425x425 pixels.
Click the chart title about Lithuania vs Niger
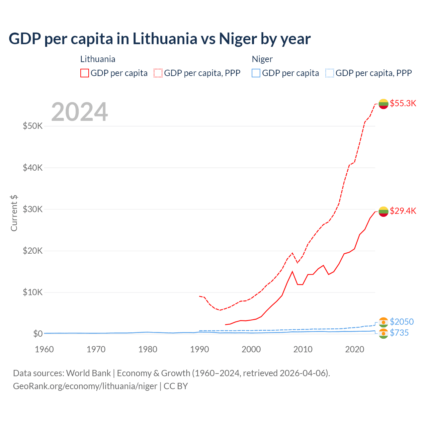click(159, 39)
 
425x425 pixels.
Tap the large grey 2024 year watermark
click(79, 112)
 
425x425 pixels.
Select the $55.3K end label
click(403, 103)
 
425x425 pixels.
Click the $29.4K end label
click(403, 211)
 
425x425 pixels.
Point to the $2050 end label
click(401, 322)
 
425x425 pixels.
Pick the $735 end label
click(399, 333)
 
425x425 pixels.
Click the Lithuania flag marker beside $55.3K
click(383, 104)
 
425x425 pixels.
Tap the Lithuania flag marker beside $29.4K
click(383, 211)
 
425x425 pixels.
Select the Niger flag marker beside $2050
click(383, 322)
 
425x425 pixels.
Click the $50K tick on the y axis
click(33, 126)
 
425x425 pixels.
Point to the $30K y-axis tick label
click(33, 209)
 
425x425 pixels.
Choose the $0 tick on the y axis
click(38, 334)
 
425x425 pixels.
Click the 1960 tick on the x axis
click(44, 349)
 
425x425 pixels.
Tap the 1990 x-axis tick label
click(200, 349)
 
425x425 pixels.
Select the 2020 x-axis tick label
click(355, 349)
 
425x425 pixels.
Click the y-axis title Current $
click(14, 213)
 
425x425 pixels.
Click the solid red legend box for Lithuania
click(85, 73)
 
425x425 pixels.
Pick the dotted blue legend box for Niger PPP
click(330, 73)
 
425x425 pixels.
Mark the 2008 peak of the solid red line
click(292, 272)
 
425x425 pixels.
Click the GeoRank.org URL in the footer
click(85, 386)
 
